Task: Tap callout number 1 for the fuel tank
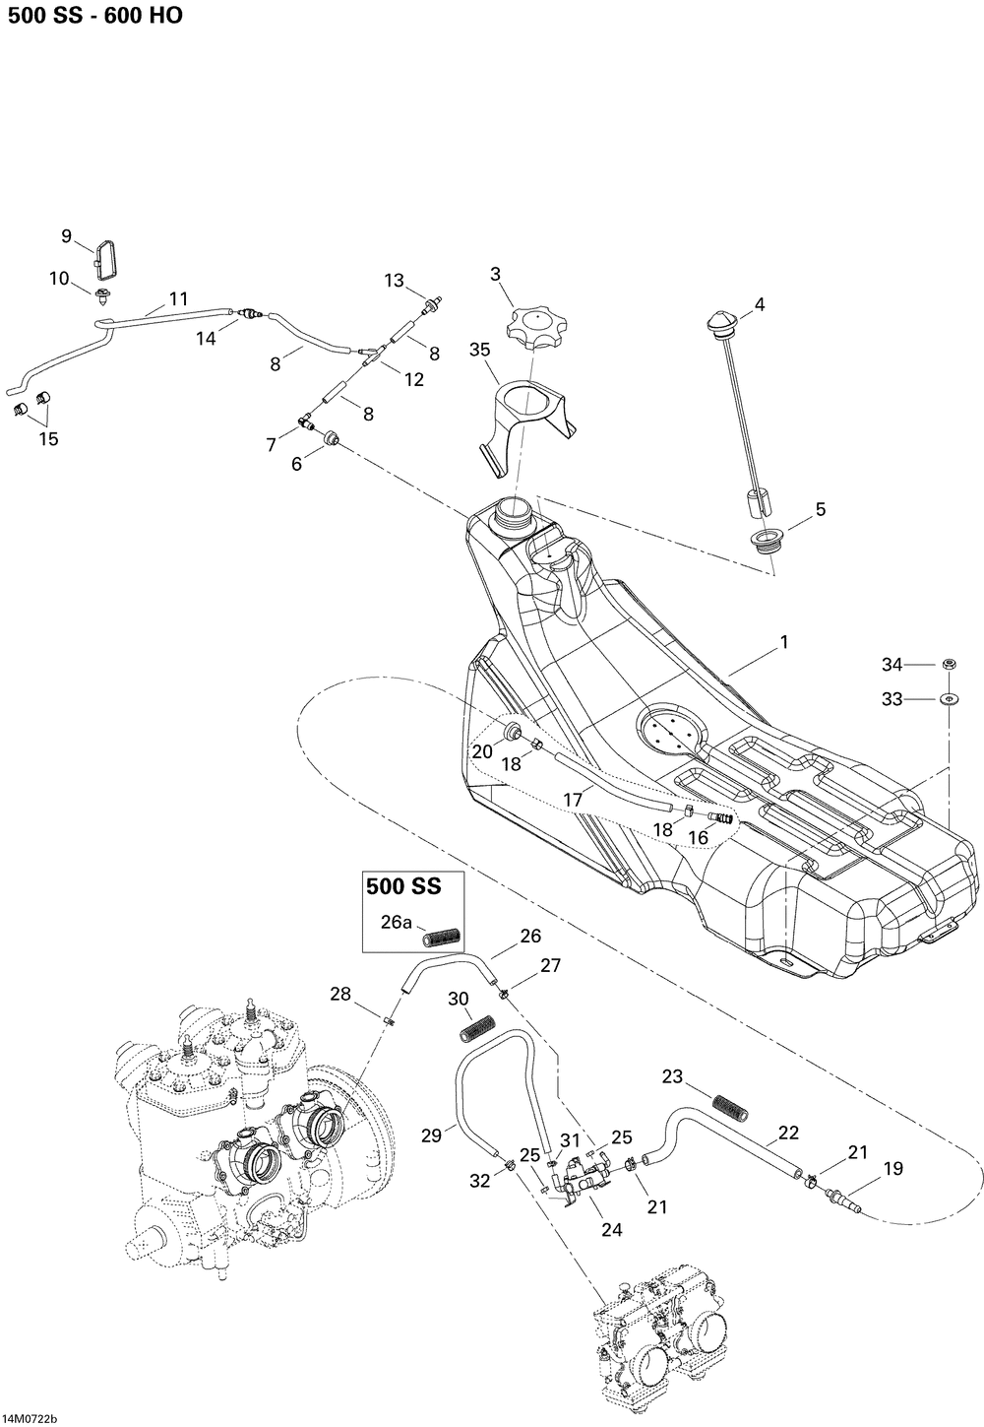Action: coord(784,642)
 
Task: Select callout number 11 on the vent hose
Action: coord(178,298)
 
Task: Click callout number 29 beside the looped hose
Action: coord(433,1135)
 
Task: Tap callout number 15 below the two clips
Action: coord(48,439)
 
